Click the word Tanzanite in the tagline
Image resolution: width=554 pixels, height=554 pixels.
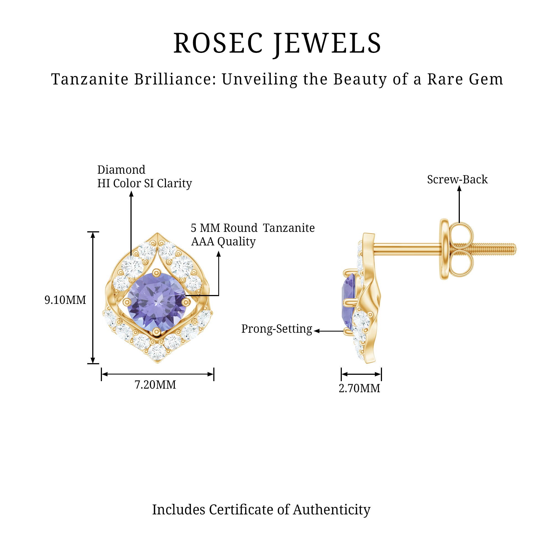89,79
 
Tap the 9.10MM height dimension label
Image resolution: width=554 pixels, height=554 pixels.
65,300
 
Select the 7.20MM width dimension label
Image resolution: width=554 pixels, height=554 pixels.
155,384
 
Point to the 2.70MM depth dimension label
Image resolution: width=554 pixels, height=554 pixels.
359,388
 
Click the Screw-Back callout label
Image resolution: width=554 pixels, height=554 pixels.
457,179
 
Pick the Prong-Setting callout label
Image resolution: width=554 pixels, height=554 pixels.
276,329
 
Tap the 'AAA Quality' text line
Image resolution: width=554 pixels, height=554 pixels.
223,242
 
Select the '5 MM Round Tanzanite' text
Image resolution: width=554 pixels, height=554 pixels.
253,228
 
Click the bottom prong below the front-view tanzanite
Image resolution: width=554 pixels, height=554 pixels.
157,332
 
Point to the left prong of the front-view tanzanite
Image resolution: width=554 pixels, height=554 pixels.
127,302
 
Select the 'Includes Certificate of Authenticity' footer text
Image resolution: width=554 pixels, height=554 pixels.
261,510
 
